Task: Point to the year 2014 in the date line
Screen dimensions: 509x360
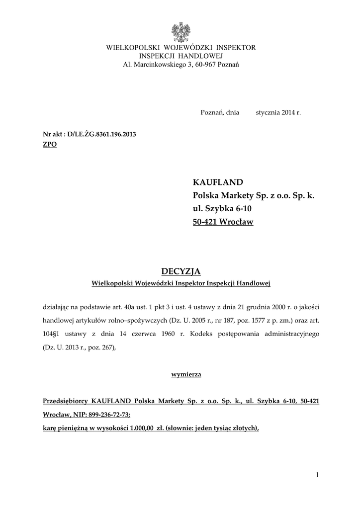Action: tap(288, 113)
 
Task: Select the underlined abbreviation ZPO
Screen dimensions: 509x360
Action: tap(50, 144)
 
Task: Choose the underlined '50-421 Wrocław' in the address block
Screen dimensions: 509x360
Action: tap(223, 222)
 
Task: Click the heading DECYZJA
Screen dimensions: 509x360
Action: tap(180, 271)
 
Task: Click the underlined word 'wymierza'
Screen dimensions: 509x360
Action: tap(180, 374)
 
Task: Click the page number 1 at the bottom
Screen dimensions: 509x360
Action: tap(317, 476)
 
